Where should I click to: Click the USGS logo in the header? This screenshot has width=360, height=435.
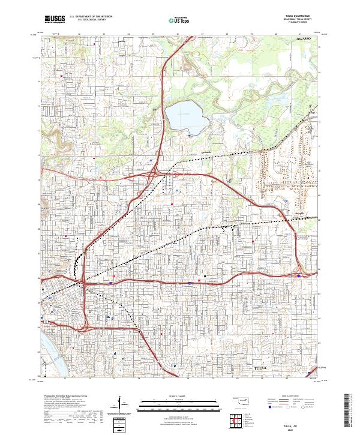click(x=55, y=19)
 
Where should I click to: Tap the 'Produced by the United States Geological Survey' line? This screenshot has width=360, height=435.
click(x=60, y=396)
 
